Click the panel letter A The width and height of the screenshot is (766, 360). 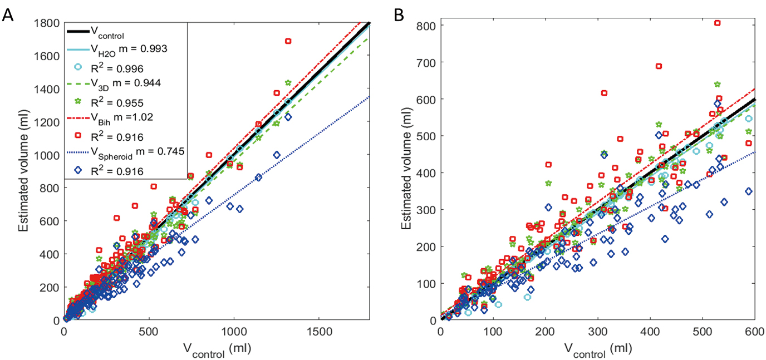point(8,15)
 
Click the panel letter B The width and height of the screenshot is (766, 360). point(399,15)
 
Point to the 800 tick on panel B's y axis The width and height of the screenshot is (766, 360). point(429,26)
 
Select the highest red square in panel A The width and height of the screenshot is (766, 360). point(288,41)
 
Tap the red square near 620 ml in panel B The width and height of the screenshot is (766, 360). point(604,93)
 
